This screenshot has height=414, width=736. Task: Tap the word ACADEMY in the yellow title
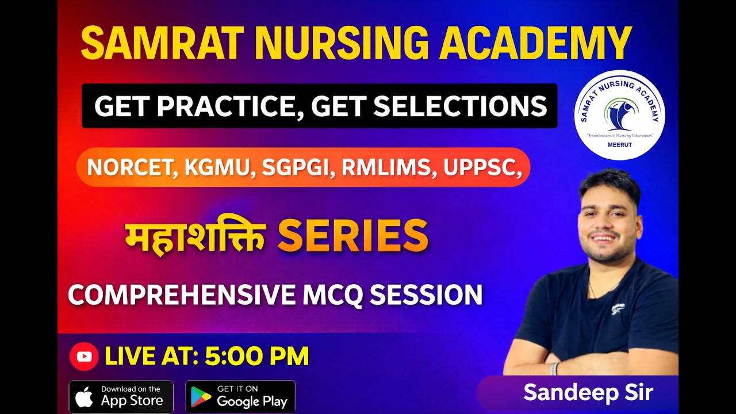(x=535, y=43)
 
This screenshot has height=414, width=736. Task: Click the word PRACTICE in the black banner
(x=227, y=106)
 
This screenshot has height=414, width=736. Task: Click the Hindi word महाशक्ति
(x=195, y=235)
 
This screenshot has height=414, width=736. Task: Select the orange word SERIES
(x=352, y=235)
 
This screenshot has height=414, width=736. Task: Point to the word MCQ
(x=332, y=294)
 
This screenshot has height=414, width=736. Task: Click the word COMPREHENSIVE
(x=181, y=294)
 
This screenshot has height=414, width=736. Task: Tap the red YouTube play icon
(x=84, y=356)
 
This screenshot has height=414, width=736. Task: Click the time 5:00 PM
(x=256, y=356)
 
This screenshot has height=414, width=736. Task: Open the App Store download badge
(x=121, y=397)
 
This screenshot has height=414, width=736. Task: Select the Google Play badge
(x=240, y=397)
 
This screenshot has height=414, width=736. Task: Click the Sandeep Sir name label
(x=588, y=393)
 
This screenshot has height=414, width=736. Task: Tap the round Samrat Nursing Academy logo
(x=619, y=114)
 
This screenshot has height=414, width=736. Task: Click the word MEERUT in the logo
(x=619, y=145)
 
